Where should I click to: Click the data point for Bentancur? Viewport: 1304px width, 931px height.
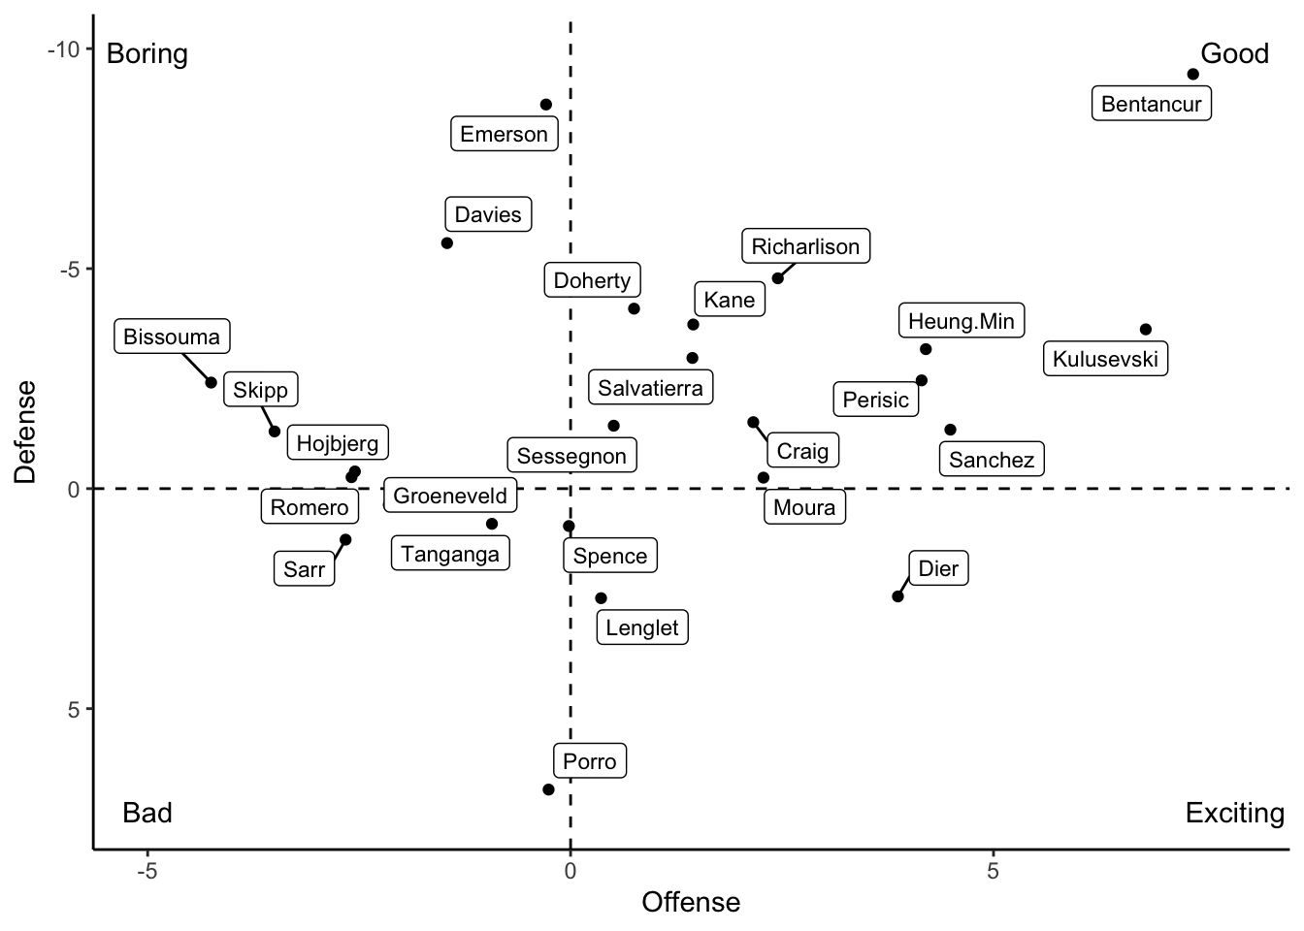coord(1193,75)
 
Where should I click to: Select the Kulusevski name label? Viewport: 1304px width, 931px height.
coord(1105,359)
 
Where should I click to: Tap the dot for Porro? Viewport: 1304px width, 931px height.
coord(548,789)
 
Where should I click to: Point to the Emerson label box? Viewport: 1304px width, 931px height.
coord(504,134)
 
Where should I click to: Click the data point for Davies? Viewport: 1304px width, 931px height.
coord(447,243)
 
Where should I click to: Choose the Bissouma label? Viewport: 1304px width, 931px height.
coord(172,337)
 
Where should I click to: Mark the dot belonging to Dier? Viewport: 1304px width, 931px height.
coord(897,596)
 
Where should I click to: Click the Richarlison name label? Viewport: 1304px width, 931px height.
coord(805,246)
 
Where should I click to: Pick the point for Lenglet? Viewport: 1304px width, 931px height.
coord(601,598)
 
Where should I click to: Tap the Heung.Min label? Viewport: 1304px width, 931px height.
coord(961,321)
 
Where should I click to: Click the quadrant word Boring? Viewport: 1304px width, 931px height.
coord(147,53)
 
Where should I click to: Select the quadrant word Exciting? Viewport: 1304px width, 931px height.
coord(1234,813)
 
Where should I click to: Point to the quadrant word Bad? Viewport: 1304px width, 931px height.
coord(147,813)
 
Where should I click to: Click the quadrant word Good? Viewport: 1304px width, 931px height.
coord(1234,53)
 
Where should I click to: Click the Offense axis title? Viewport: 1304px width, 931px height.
coord(691,902)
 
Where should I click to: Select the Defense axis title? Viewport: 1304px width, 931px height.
coord(26,432)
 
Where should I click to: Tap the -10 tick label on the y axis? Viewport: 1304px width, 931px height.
coord(65,49)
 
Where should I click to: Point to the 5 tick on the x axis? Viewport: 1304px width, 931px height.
coord(993,871)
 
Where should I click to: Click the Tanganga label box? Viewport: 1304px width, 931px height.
coord(450,554)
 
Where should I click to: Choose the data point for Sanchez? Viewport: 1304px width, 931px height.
coord(950,430)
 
